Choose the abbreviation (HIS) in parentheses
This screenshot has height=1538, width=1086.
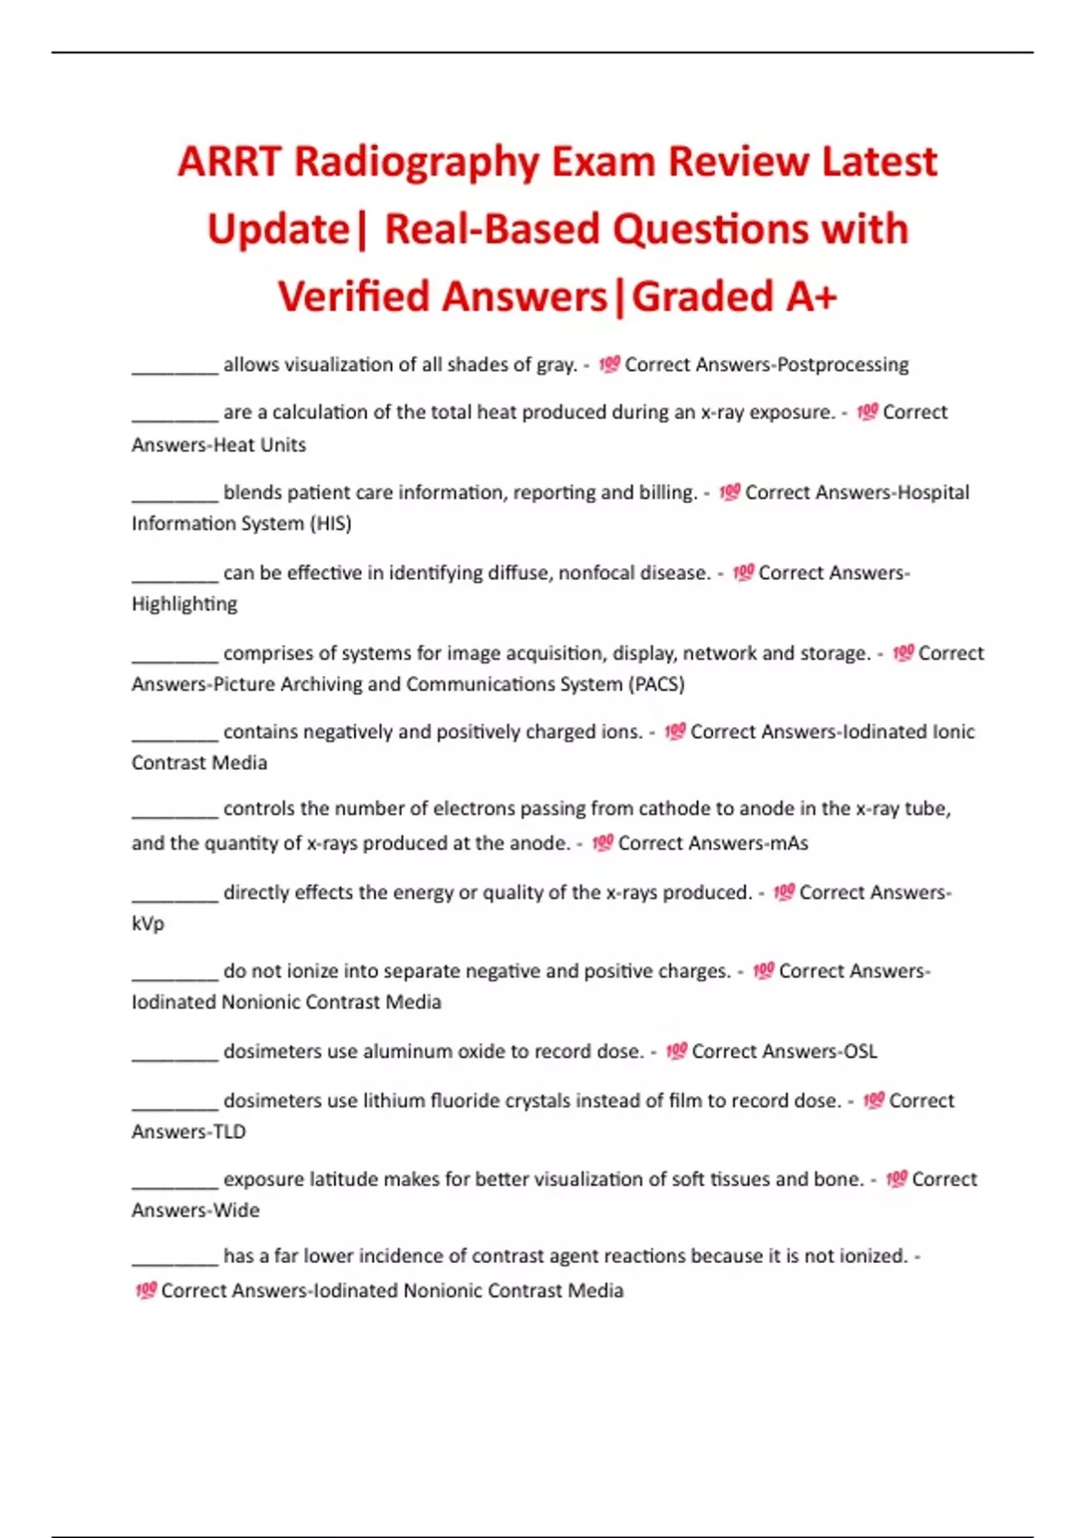[330, 524]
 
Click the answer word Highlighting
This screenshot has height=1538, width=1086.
[185, 604]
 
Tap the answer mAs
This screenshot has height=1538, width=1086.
[786, 843]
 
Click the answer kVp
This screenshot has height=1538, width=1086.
[148, 924]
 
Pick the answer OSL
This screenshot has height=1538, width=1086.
[860, 1051]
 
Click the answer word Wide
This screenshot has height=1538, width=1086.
[236, 1210]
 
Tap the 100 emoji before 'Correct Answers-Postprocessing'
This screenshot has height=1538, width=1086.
[609, 365]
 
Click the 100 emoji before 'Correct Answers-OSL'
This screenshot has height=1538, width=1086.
[676, 1051]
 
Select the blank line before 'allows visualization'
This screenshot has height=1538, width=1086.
[175, 369]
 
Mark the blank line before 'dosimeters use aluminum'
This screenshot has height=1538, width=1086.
[175, 1056]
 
